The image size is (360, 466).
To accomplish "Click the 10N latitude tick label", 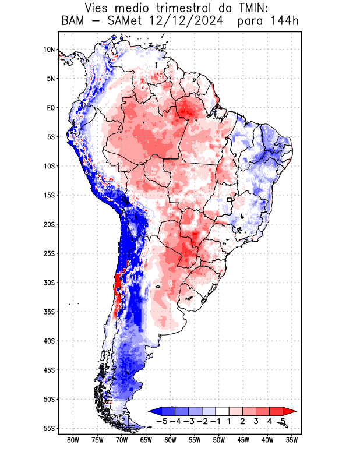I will click(x=49, y=50).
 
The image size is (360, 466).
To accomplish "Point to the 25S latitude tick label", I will click(x=49, y=253).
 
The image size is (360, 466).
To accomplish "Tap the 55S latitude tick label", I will click(x=49, y=428).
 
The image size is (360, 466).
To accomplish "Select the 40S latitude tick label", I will click(x=49, y=341).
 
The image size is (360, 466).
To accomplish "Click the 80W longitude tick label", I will click(x=73, y=440).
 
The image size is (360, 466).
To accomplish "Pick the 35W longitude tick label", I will click(x=292, y=440).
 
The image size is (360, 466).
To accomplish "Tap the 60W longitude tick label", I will click(x=170, y=440).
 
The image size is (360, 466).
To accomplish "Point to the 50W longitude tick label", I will click(x=219, y=440).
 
